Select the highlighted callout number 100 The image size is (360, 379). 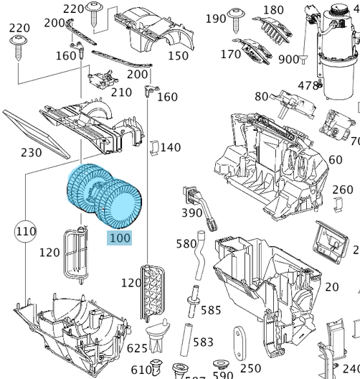pyautogui.click(x=120, y=236)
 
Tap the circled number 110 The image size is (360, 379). pyautogui.click(x=26, y=231)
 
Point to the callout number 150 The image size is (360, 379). pyautogui.click(x=178, y=56)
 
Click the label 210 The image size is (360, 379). pyautogui.click(x=121, y=92)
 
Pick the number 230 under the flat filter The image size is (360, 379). pyautogui.click(x=31, y=151)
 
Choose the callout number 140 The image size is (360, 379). pyautogui.click(x=170, y=148)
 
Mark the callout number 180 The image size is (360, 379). pyautogui.click(x=273, y=10)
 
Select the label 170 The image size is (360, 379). pyautogui.click(x=231, y=54)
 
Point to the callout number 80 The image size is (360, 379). pyautogui.click(x=261, y=96)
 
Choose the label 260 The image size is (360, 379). pyautogui.click(x=343, y=190)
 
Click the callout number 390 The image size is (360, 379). pyautogui.click(x=191, y=212)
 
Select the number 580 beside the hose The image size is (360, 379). pyautogui.click(x=186, y=243)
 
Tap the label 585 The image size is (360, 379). pyautogui.click(x=211, y=310)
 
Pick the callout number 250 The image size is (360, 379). pyautogui.click(x=250, y=368)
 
